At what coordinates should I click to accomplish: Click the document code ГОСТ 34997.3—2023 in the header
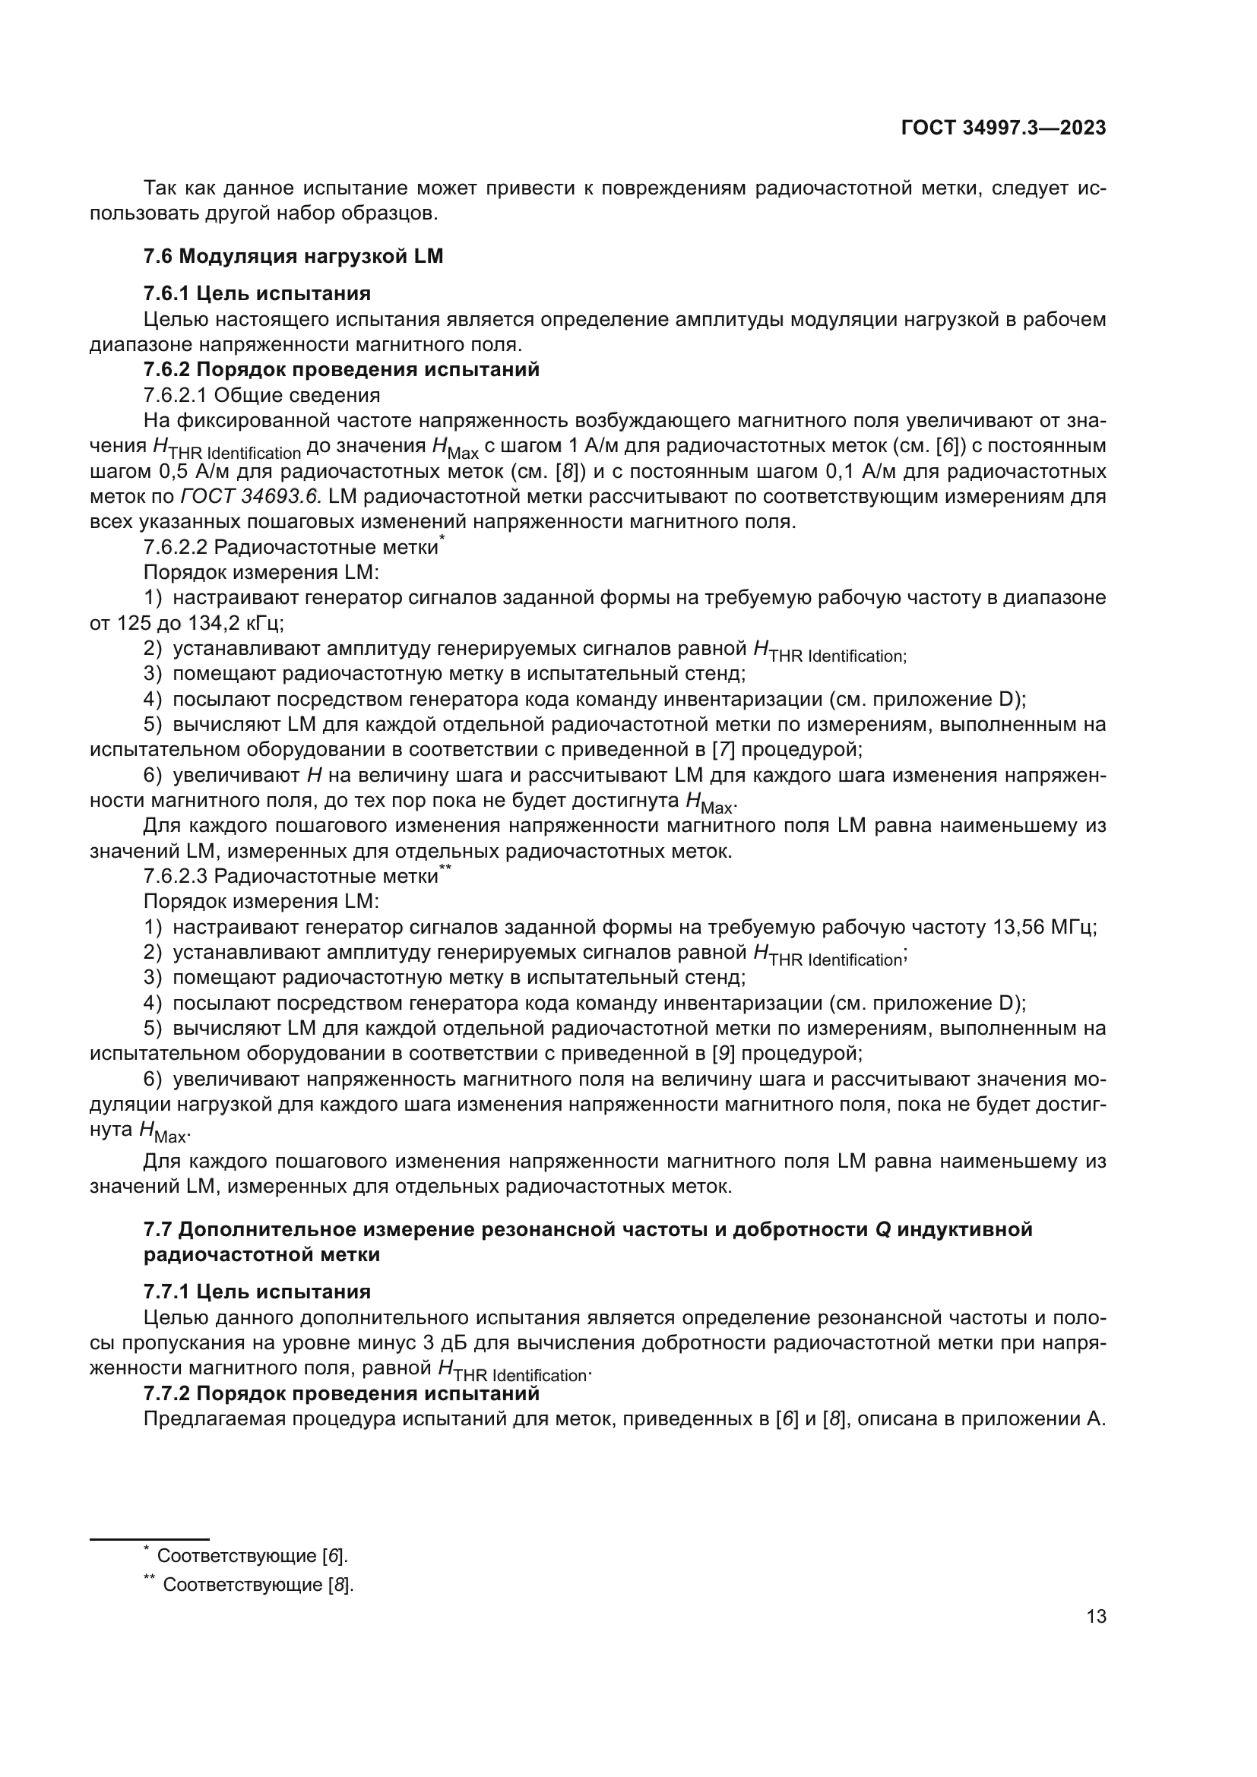[1003, 128]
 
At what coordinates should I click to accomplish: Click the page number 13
[1096, 1617]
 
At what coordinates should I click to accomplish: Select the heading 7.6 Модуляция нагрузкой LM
[293, 256]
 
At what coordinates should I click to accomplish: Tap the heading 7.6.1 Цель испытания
[257, 293]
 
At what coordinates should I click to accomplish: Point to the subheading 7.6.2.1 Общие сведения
[261, 395]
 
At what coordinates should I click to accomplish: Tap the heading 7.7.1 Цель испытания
[257, 1292]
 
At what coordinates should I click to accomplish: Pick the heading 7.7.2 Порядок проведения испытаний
[341, 1393]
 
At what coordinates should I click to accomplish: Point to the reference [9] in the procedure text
[723, 1052]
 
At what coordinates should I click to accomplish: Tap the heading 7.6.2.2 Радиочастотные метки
[291, 547]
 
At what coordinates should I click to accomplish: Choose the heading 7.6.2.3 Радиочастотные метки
[291, 876]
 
